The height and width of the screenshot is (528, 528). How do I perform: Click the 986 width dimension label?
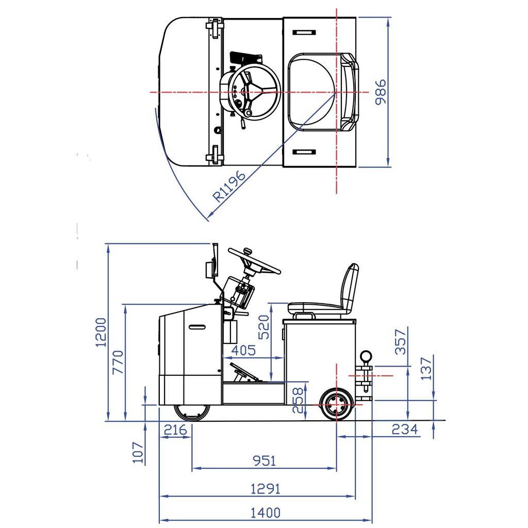coord(381,92)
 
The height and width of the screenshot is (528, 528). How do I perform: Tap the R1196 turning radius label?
coord(230,186)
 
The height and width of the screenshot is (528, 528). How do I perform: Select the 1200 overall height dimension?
coord(101,332)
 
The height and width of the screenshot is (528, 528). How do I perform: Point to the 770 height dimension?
coord(118,362)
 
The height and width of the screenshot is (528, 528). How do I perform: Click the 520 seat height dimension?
coord(264,327)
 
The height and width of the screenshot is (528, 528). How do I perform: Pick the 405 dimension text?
coord(243,350)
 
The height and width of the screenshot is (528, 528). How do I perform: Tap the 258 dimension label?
coord(298,400)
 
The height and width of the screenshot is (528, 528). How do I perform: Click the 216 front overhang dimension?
coord(175,430)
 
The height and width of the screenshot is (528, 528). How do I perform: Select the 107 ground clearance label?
coord(138,453)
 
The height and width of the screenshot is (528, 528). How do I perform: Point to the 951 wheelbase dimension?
coord(265,460)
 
